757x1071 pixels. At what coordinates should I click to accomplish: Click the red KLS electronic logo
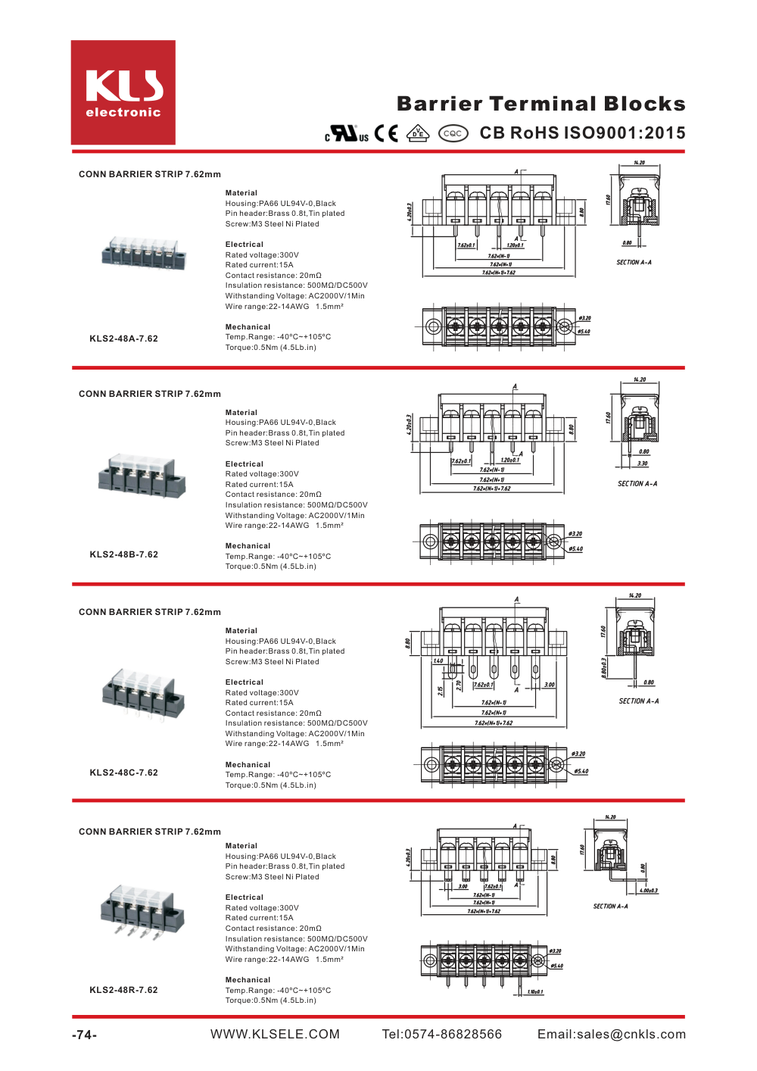(x=123, y=92)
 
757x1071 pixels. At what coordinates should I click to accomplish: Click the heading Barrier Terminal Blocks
(x=540, y=104)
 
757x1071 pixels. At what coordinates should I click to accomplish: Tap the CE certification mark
(x=386, y=133)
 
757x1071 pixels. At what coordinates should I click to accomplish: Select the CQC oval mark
(x=453, y=133)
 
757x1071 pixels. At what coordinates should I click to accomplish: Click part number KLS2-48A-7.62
(x=123, y=339)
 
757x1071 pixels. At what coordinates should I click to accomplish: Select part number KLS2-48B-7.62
(x=123, y=554)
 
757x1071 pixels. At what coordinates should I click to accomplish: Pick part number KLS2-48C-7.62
(x=123, y=773)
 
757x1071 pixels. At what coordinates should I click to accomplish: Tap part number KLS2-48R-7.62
(x=123, y=990)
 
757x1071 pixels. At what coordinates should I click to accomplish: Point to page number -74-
(x=84, y=1035)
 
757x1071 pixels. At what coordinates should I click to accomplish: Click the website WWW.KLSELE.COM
(x=275, y=1035)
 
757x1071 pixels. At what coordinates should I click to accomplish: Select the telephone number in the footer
(x=441, y=1035)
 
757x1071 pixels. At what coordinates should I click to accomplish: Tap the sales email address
(x=611, y=1035)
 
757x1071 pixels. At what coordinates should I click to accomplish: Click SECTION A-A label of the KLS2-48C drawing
(x=638, y=701)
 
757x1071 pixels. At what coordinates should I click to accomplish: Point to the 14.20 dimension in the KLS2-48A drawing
(x=639, y=163)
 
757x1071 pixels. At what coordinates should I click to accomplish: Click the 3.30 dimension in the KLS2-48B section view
(x=642, y=464)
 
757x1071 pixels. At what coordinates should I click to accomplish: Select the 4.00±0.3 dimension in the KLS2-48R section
(x=649, y=891)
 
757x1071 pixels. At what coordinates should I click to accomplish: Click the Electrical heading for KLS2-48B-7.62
(x=245, y=464)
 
